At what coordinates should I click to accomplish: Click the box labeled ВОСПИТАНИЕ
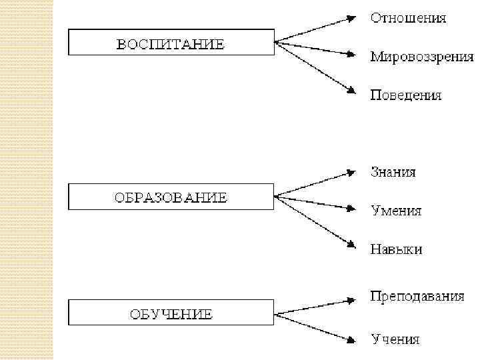pos(171,44)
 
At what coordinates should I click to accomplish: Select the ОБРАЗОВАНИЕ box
pos(171,197)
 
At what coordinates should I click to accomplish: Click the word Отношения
pos(408,18)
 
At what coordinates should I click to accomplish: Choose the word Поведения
pos(405,95)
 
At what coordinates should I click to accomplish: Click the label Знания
pos(393,173)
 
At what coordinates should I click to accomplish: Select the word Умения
pos(396,211)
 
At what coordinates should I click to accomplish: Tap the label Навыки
pos(396,250)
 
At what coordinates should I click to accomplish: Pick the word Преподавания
pos(417,297)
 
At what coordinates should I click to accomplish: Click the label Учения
pos(395,339)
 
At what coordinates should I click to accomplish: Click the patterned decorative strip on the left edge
pos(27,180)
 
